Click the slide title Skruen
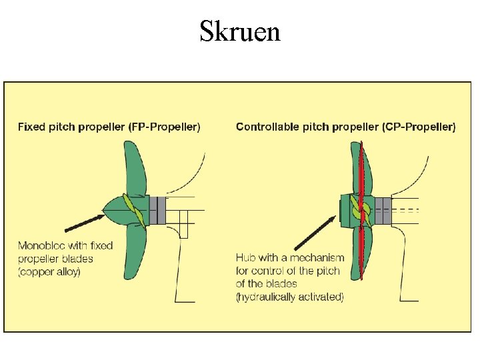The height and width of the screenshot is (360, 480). [240, 31]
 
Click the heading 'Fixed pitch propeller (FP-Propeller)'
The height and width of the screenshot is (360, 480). [109, 127]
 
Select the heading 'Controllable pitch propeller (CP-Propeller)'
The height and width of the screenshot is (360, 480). [345, 127]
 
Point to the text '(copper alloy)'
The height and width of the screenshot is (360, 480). [49, 271]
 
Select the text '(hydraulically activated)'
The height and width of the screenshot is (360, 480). [289, 297]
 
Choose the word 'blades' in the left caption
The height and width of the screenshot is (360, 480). [79, 258]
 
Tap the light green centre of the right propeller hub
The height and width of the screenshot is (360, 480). [360, 211]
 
